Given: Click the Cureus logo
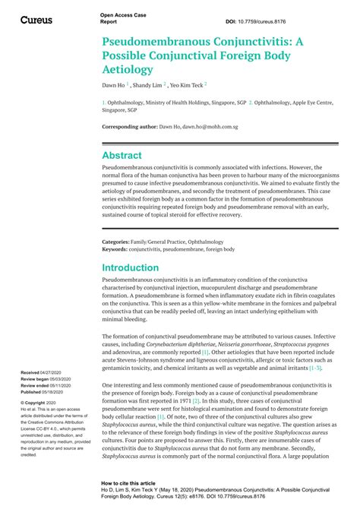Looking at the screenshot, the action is tap(36, 20).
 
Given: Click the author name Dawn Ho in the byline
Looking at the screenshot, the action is tap(114, 85).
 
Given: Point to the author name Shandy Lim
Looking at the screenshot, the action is tap(149, 85).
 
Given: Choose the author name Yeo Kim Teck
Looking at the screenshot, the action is tap(186, 85).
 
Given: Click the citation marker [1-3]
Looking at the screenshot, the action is tap(314, 368).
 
